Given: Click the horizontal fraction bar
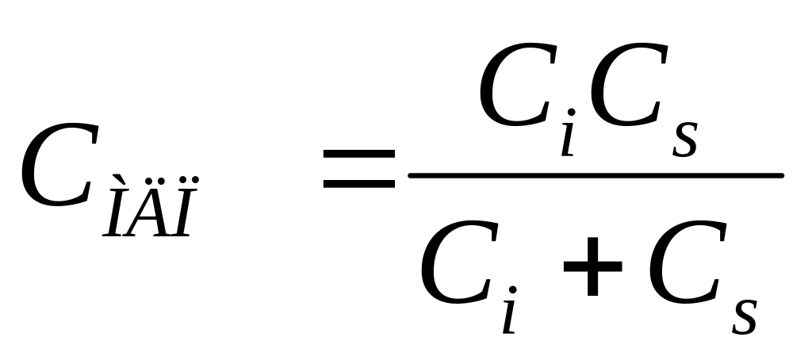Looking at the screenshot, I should [x=595, y=174].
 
